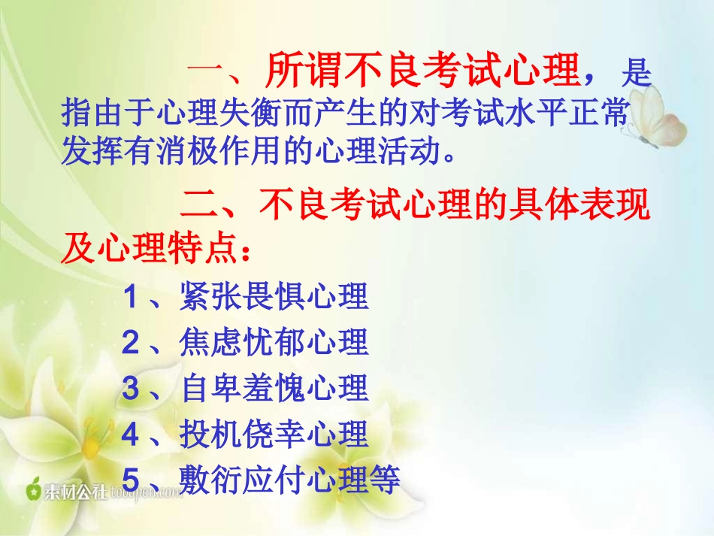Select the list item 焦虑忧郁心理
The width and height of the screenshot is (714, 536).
point(274,344)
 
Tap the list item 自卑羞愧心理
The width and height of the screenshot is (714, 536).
point(274,389)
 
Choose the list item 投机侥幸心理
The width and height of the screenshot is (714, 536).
point(274,435)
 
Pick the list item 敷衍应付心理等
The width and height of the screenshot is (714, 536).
point(290,480)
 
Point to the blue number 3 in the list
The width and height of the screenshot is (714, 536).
point(131,389)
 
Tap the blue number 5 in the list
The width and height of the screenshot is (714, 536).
point(131,481)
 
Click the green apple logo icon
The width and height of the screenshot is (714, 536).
point(33,490)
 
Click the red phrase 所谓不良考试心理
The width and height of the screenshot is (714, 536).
point(423,73)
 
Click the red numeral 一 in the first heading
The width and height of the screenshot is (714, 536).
point(204,74)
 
